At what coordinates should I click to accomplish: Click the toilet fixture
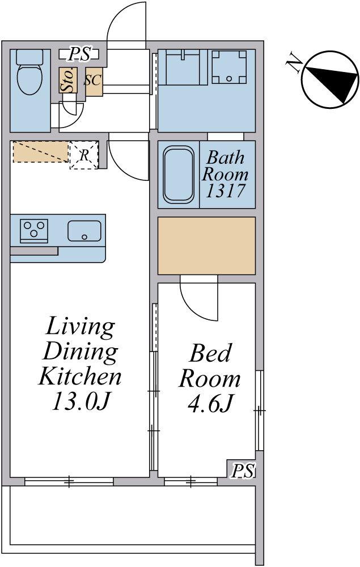click(29, 72)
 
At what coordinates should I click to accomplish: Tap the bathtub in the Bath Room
click(178, 175)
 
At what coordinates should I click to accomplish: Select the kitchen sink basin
click(84, 230)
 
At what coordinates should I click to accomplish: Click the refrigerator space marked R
click(84, 155)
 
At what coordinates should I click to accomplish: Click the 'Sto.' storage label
click(68, 80)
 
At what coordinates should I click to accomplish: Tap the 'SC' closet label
click(93, 80)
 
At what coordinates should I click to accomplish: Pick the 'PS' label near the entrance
click(79, 54)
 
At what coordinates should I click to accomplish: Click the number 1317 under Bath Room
click(226, 191)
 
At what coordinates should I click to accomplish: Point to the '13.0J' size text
click(81, 401)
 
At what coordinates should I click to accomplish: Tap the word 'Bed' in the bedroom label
click(210, 353)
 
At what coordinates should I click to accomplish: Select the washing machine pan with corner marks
click(229, 66)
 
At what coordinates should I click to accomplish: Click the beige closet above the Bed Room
click(207, 246)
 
